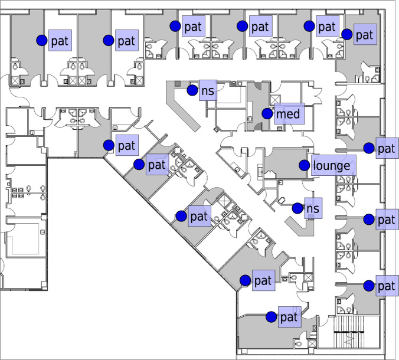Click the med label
pos(288,113)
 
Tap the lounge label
pos(331,165)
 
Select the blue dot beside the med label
pos(267,113)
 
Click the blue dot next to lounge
pos(305,165)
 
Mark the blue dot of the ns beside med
pos(192,90)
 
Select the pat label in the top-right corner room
pos(364,35)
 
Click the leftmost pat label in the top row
pos(60,40)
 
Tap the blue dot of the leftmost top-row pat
pos(42,40)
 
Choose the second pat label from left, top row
pos(126,40)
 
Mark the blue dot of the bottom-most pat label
pos(271,317)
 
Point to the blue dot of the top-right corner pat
pos(348,35)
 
